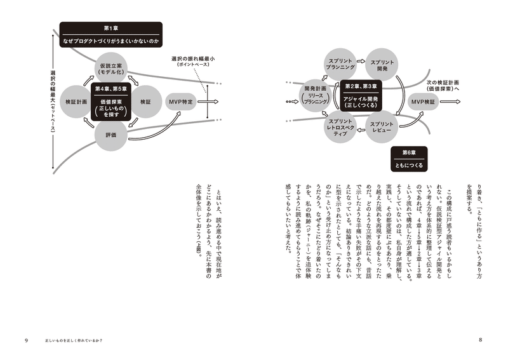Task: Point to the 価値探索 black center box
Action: (x=110, y=100)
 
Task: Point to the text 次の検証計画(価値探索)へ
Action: (x=451, y=87)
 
